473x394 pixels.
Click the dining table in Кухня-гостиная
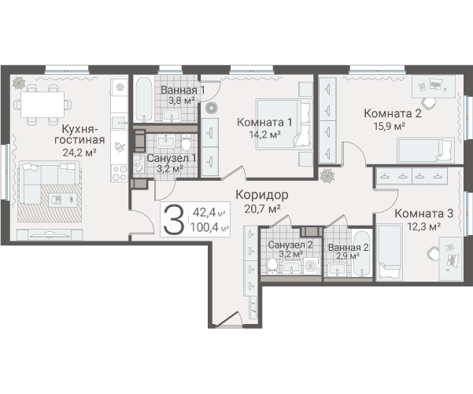42,105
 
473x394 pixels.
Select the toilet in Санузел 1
187,143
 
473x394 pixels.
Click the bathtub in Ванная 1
143,99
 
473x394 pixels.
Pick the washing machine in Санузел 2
311,266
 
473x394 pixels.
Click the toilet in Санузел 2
272,266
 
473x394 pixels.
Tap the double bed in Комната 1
283,123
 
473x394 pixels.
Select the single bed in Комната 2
426,150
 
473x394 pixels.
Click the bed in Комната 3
390,252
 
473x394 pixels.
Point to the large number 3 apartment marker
173,219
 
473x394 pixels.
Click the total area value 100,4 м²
209,227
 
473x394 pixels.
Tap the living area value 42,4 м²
209,212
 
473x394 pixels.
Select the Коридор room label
262,195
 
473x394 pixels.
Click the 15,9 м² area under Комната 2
389,126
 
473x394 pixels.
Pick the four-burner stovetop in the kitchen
119,173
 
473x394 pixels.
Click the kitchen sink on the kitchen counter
119,123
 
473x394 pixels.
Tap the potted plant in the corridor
327,175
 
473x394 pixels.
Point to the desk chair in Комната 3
433,253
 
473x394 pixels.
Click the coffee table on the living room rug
63,200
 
